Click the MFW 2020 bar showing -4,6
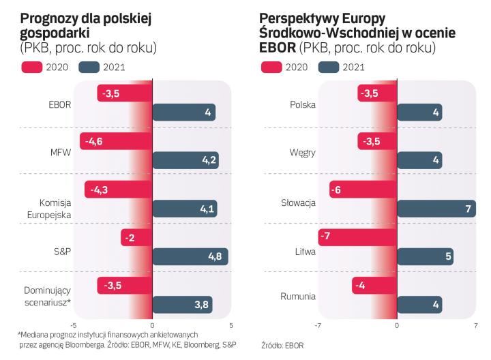[x=116, y=141]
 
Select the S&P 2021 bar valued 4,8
[x=190, y=256]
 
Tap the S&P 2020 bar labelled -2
[x=136, y=237]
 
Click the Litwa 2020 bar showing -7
[x=357, y=237]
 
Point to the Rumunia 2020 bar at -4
[x=374, y=285]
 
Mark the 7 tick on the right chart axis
[x=475, y=325]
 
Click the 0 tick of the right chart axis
[x=397, y=325]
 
